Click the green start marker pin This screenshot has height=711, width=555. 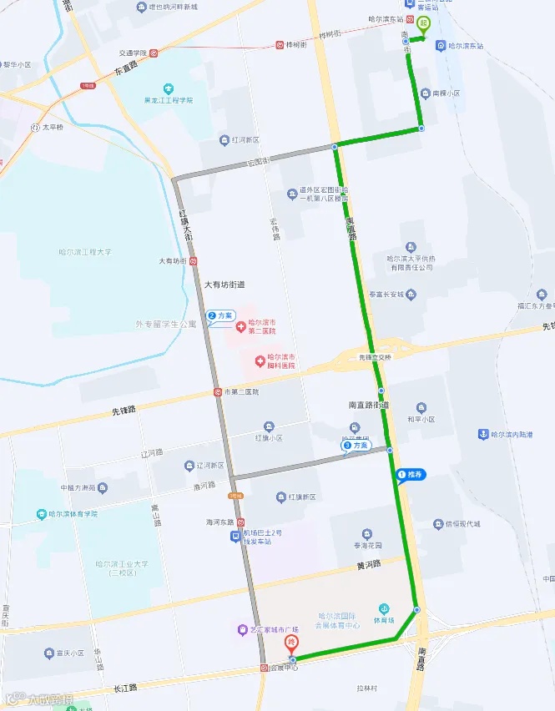pos(423,24)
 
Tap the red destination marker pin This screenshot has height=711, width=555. pos(291,643)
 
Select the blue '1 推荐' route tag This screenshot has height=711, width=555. pos(411,474)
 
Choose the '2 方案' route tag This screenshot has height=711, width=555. pos(221,315)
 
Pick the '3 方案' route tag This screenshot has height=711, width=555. pos(356,446)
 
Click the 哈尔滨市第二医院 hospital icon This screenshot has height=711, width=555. pos(240,326)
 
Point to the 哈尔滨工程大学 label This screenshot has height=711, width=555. pos(85,251)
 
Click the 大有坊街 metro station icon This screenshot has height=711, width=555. pos(193,260)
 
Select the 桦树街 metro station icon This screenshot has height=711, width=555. pos(280,45)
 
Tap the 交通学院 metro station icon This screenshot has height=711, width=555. pos(154,53)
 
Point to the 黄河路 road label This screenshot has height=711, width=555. pos(368,565)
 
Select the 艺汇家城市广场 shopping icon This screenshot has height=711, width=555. pos(242,629)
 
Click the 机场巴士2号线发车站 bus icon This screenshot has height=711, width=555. pos(236,536)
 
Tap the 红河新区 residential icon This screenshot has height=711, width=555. pos(225,139)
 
